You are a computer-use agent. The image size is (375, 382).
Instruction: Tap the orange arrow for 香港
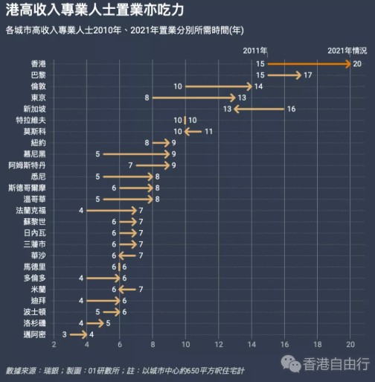click(x=309, y=64)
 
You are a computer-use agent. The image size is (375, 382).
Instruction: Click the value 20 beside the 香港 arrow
click(x=357, y=65)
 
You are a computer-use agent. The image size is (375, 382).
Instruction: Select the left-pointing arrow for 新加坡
click(x=259, y=109)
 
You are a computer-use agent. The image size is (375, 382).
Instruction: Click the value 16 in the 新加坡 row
click(x=291, y=109)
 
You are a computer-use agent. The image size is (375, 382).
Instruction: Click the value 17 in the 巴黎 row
click(x=307, y=75)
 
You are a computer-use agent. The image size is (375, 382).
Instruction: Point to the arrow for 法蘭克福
click(x=112, y=211)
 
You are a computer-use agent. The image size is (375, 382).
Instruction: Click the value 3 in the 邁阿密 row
click(x=65, y=334)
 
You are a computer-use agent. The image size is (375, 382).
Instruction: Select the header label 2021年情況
click(x=347, y=50)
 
